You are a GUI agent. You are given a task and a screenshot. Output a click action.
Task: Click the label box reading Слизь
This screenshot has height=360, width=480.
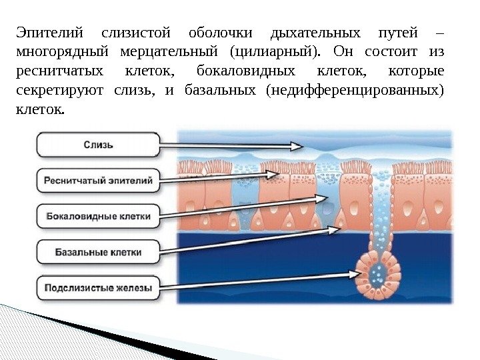pyautogui.click(x=98, y=143)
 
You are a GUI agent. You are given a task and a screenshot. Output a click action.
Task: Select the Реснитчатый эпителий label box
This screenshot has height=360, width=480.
pyautogui.click(x=98, y=180)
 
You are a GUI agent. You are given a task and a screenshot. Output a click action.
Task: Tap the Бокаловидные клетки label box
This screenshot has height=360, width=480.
pyautogui.click(x=98, y=216)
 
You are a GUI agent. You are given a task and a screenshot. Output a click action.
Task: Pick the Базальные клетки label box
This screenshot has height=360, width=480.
pyautogui.click(x=98, y=253)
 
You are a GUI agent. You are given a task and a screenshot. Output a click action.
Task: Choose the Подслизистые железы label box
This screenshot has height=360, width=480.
pyautogui.click(x=98, y=289)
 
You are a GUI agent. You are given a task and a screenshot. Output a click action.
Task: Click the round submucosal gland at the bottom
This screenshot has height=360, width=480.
pyautogui.click(x=378, y=273)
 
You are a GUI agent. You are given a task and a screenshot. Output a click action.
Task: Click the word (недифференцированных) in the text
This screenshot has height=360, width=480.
pyautogui.click(x=353, y=89)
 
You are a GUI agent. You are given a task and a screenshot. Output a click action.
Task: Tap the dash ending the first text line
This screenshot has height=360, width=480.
pyautogui.click(x=440, y=33)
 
